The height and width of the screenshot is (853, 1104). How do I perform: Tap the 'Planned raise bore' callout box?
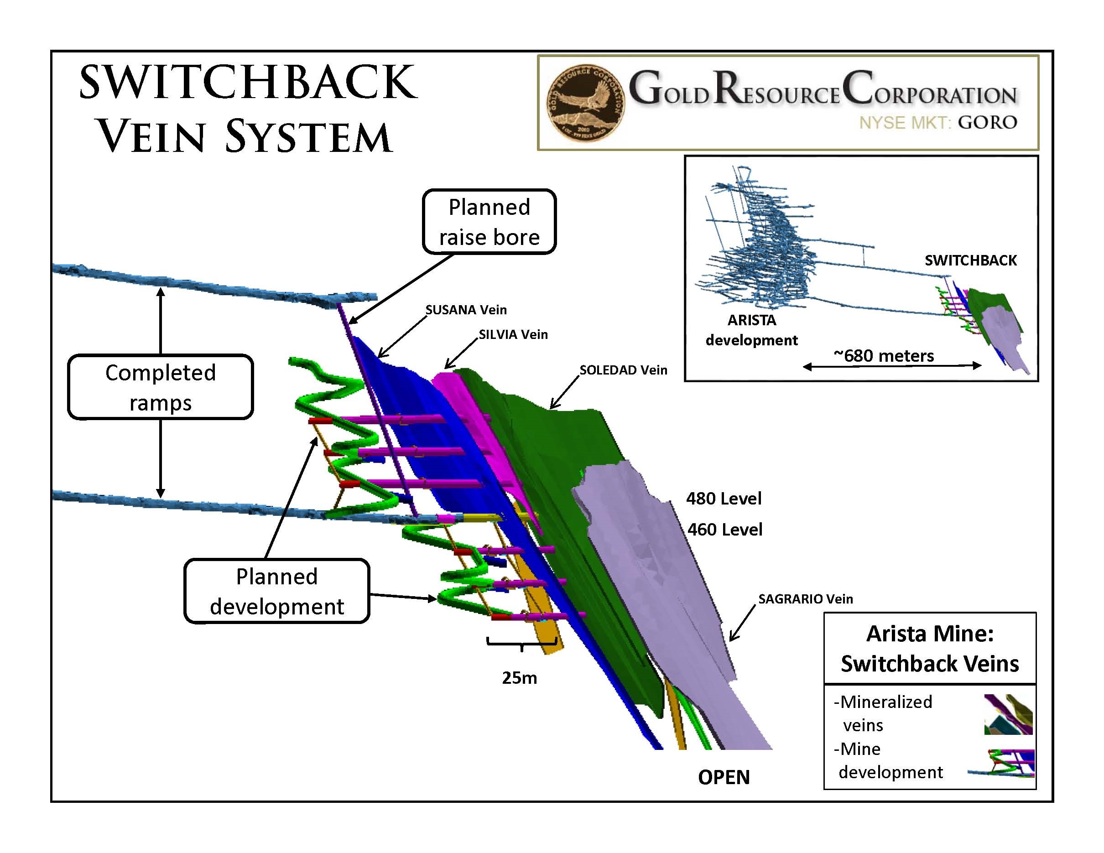489,222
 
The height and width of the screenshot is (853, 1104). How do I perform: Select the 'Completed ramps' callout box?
160,387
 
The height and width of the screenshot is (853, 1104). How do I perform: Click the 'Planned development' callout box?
276,591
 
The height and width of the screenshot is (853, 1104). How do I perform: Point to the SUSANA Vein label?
466,310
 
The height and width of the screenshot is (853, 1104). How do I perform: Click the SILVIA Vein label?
513,334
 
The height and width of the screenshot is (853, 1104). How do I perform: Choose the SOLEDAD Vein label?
623,370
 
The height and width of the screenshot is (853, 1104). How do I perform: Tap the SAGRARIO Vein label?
805,599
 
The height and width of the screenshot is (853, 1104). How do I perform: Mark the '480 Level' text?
724,499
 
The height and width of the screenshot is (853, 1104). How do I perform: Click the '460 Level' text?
724,530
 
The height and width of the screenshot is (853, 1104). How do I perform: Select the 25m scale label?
519,678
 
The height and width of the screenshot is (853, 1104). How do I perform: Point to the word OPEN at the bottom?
724,777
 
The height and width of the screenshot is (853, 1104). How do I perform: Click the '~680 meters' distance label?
884,356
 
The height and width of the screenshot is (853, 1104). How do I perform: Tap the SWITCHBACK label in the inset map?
970,260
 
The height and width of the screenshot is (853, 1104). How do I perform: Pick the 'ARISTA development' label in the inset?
751,330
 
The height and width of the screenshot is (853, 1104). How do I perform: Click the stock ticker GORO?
987,122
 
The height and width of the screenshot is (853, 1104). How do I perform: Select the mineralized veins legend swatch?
1007,714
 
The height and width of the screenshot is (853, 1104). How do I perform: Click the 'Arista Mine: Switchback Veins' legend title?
930,648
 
